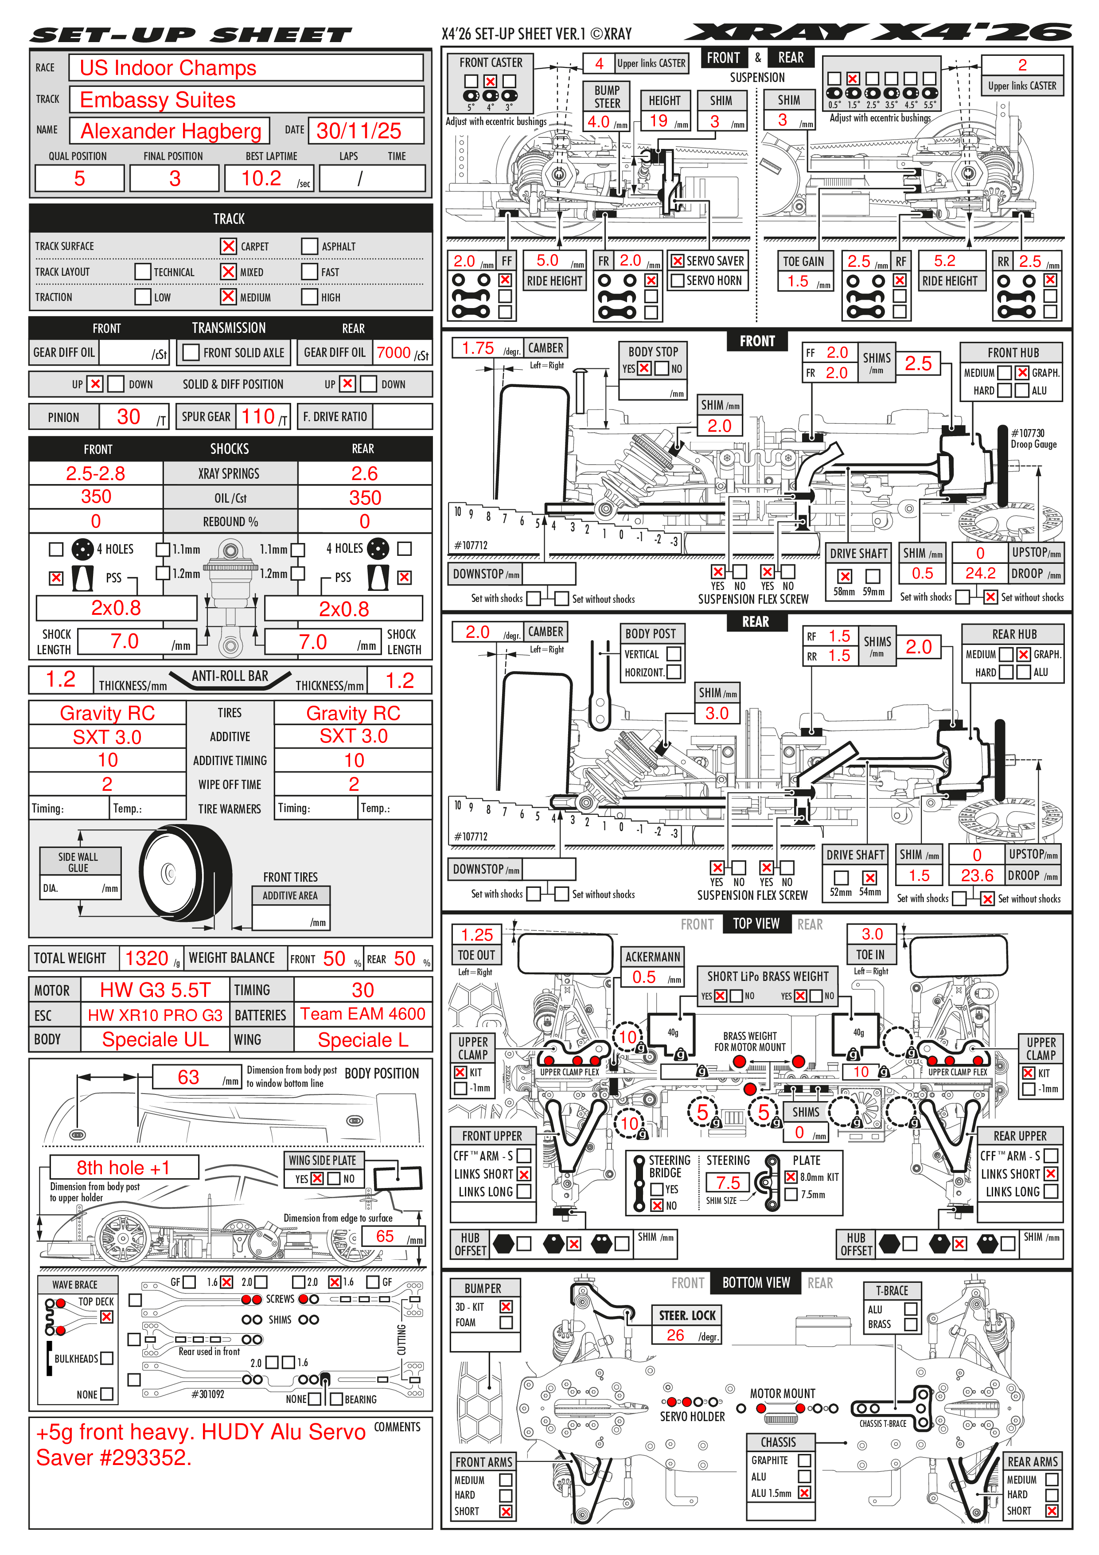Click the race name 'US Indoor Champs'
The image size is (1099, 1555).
(168, 68)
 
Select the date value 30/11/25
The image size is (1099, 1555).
(359, 131)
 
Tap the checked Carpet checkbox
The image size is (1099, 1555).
(228, 246)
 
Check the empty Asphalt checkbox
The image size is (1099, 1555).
(309, 246)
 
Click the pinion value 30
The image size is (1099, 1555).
(129, 417)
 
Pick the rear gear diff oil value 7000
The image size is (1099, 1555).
(394, 353)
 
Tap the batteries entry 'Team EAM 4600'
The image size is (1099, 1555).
(363, 1014)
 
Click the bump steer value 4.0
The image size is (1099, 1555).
(599, 122)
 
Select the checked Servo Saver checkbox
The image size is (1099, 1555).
(677, 261)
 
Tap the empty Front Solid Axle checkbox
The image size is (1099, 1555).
(191, 352)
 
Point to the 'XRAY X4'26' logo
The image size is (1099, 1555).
(879, 32)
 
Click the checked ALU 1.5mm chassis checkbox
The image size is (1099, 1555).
(804, 1492)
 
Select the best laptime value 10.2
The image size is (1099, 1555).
(261, 178)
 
